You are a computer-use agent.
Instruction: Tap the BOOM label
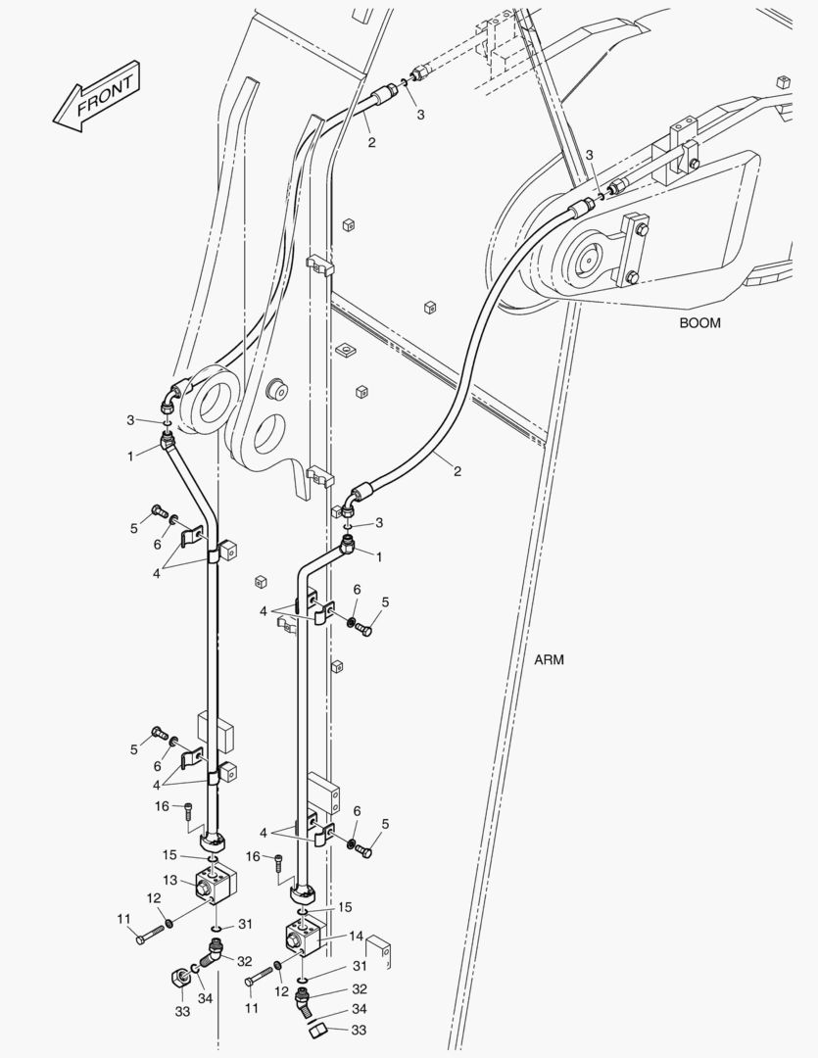pyautogui.click(x=699, y=323)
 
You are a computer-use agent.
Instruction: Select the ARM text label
pyautogui.click(x=549, y=659)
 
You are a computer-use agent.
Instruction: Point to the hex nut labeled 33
pyautogui.click(x=179, y=976)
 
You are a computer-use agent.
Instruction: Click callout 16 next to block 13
pyautogui.click(x=163, y=805)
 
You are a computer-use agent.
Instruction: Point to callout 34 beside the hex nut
pyautogui.click(x=204, y=998)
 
